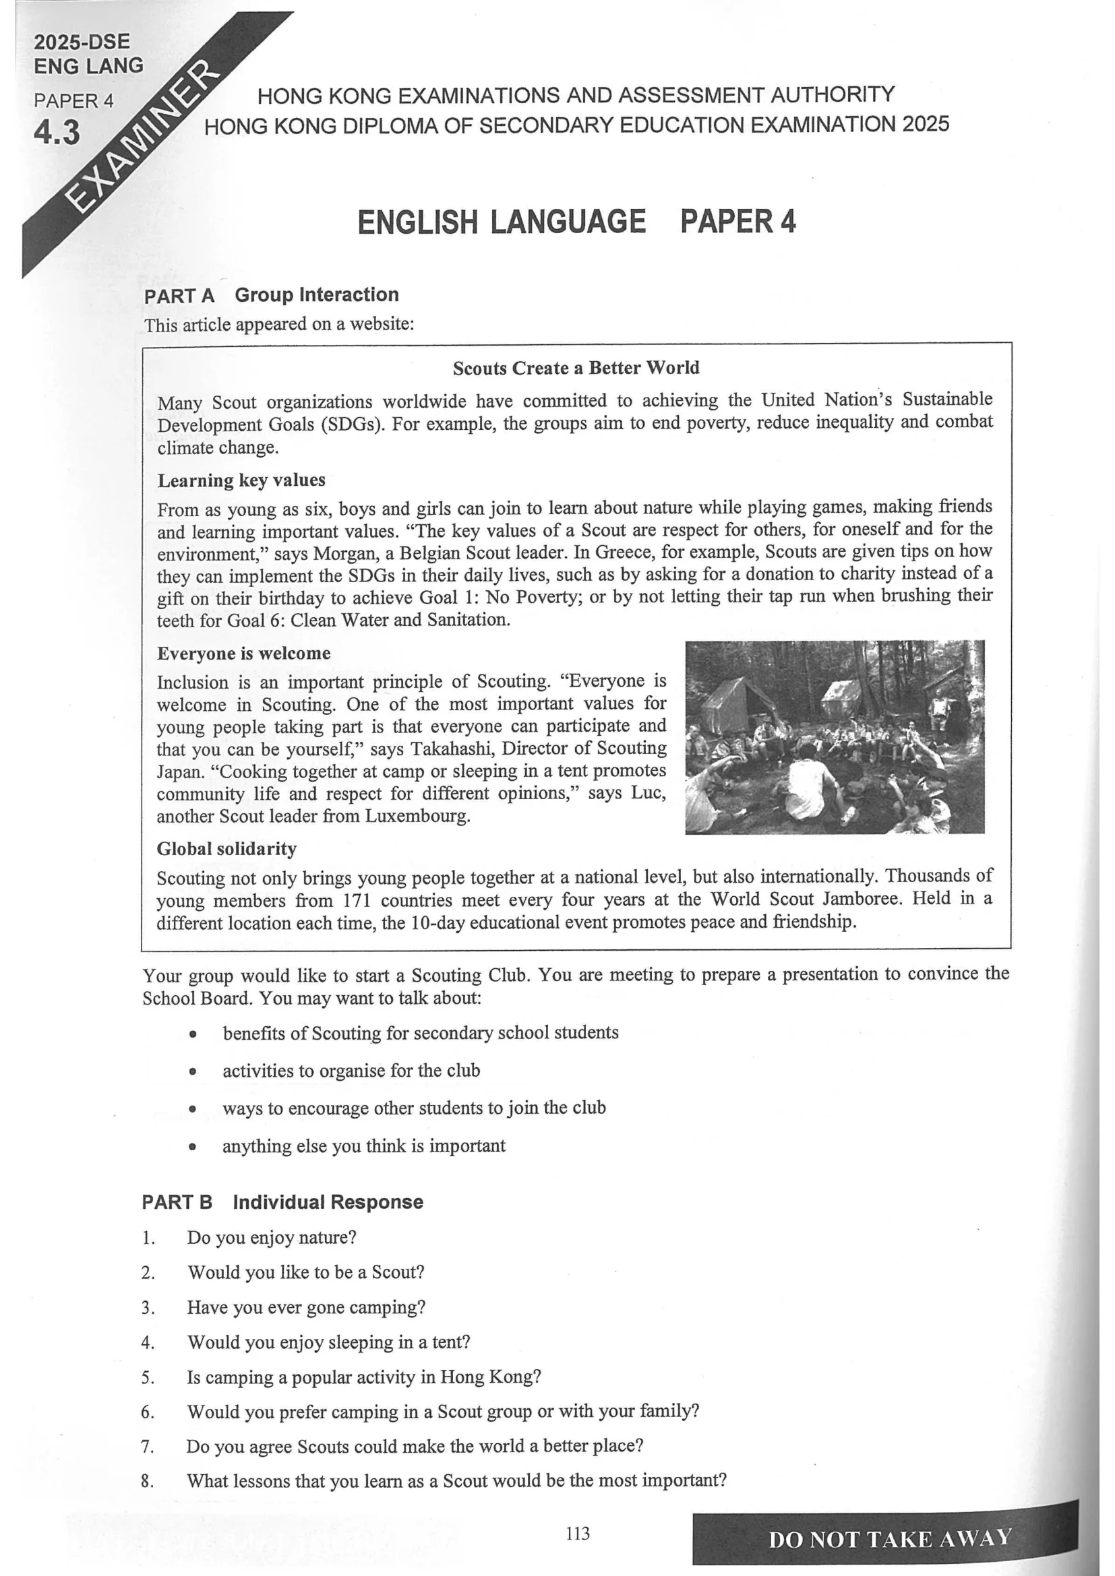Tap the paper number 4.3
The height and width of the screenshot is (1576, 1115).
(57, 132)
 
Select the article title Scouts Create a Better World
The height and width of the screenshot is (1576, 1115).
(575, 368)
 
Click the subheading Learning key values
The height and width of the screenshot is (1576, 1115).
(241, 480)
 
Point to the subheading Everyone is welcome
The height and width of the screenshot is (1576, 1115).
(244, 653)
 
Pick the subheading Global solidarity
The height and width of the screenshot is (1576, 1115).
(227, 849)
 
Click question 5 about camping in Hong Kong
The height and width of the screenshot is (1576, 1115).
(364, 1377)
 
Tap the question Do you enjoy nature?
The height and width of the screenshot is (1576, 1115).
(272, 1237)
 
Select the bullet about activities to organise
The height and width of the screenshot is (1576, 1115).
(351, 1070)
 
